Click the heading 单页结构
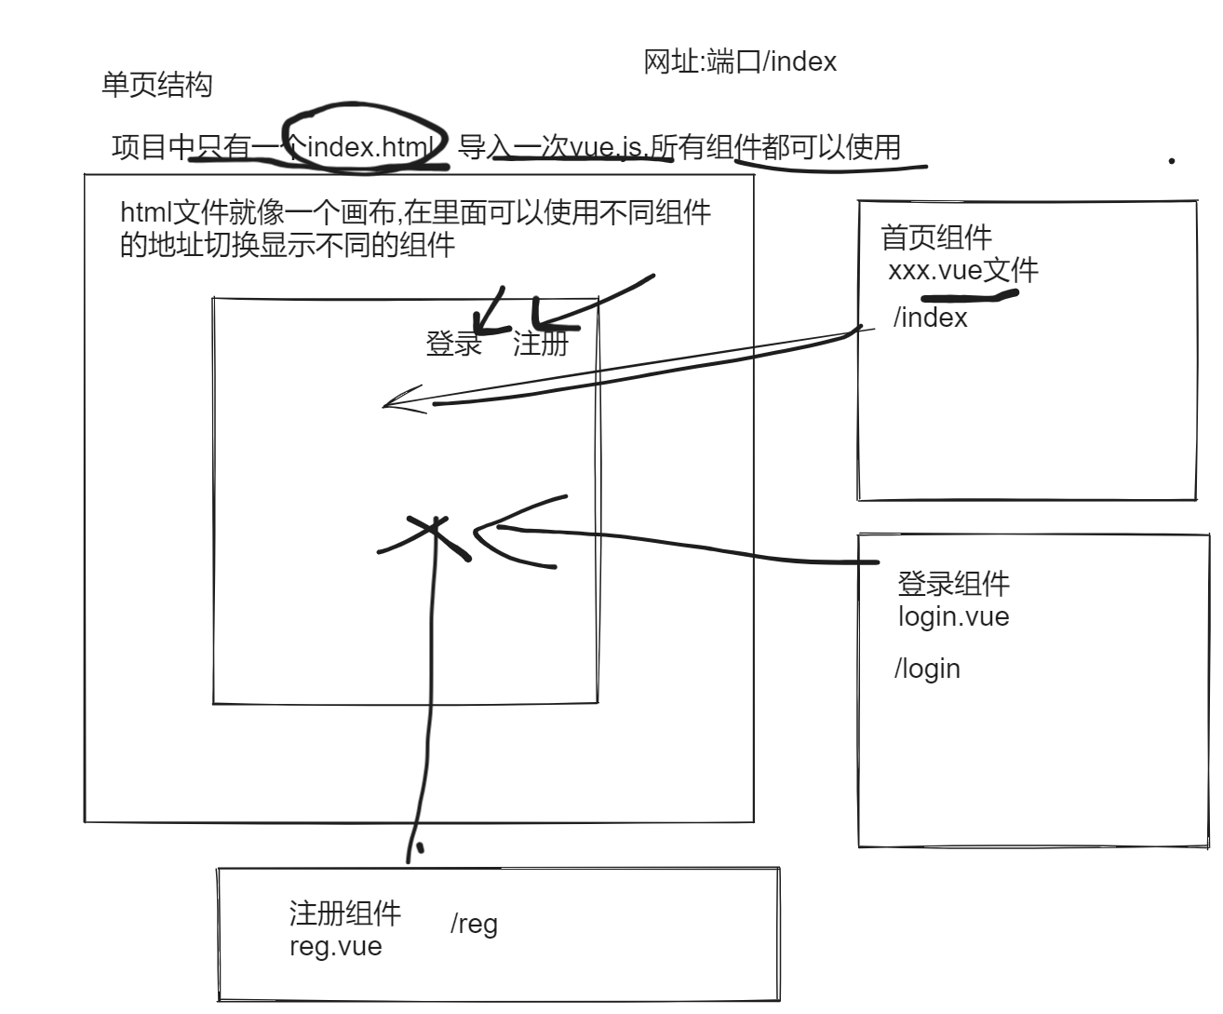[156, 86]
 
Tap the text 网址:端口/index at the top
[740, 61]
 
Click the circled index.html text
[370, 147]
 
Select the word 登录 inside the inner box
[453, 344]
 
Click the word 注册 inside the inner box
[541, 344]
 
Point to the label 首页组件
[936, 237]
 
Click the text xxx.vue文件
[962, 271]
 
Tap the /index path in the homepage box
[930, 318]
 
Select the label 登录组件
[953, 584]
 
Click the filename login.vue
[953, 615]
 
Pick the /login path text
[927, 669]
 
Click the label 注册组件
[344, 913]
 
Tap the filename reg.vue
[335, 946]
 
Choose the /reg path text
[474, 924]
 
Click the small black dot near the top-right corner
[1171, 161]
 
